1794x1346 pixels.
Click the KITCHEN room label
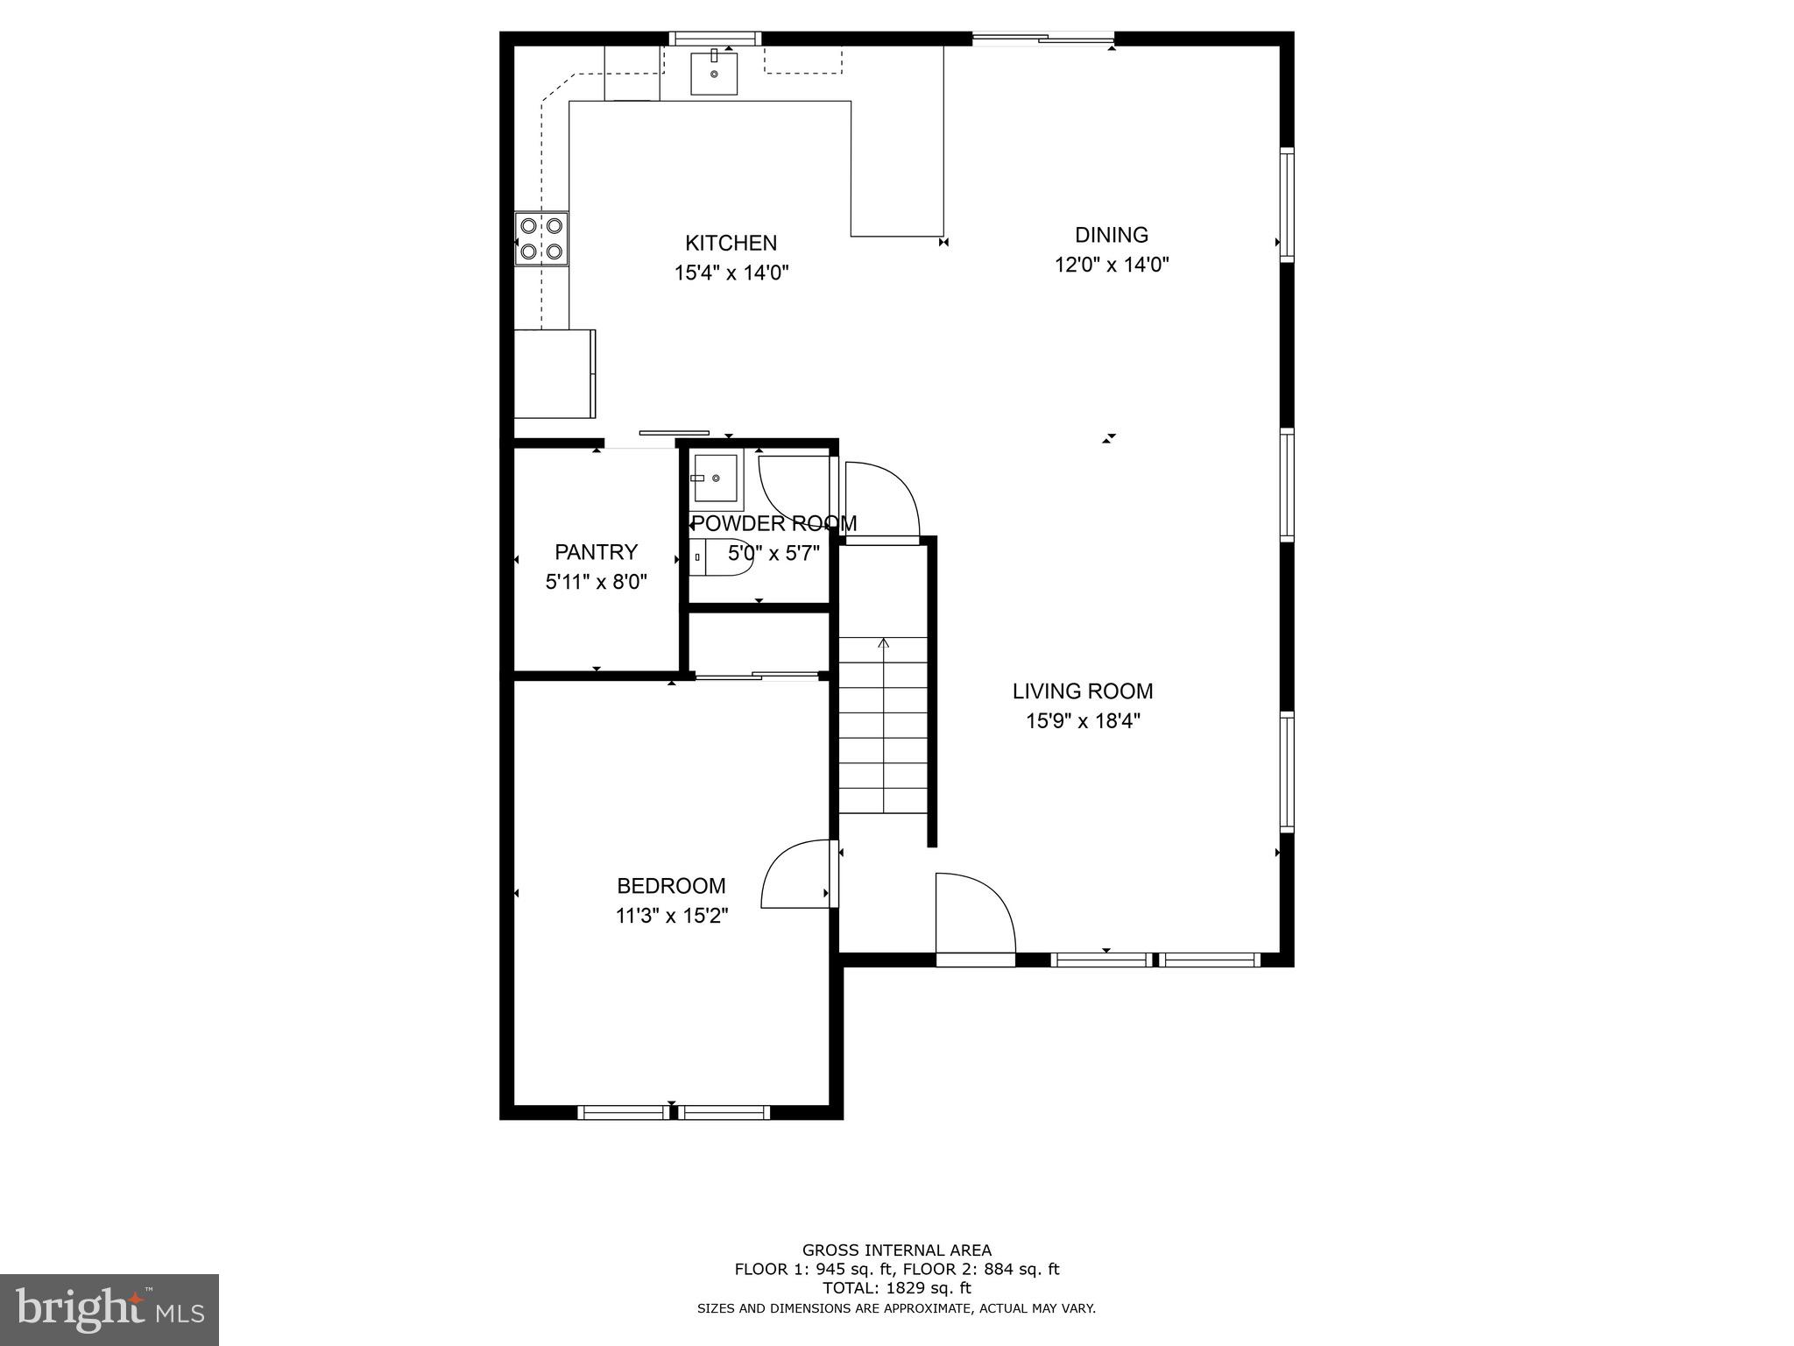pyautogui.click(x=731, y=243)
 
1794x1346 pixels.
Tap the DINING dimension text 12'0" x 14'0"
pyautogui.click(x=1112, y=265)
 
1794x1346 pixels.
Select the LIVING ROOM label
pyautogui.click(x=1083, y=691)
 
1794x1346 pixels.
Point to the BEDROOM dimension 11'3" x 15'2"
pyautogui.click(x=672, y=917)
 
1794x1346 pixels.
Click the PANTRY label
pyautogui.click(x=596, y=552)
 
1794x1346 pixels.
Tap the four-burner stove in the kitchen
pyautogui.click(x=540, y=238)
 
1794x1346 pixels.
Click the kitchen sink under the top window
pyautogui.click(x=714, y=73)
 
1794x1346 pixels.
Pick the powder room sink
pyautogui.click(x=715, y=478)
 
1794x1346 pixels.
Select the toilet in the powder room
pyautogui.click(x=720, y=557)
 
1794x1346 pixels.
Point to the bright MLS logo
pyautogui.click(x=109, y=1309)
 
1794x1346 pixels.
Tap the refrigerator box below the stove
pyautogui.click(x=554, y=373)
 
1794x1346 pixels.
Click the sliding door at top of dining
pyautogui.click(x=1042, y=38)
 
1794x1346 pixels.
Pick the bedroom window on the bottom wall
pyautogui.click(x=673, y=1113)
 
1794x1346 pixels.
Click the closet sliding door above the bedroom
pyautogui.click(x=757, y=676)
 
